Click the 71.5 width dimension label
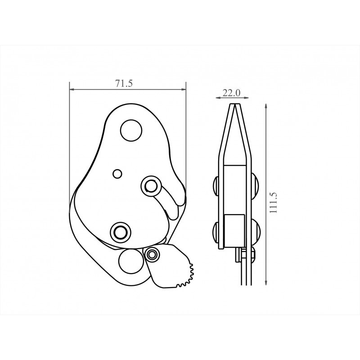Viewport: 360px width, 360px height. pos(124,84)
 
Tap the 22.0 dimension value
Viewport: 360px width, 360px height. pos(231,93)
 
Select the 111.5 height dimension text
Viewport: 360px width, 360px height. pos(274,203)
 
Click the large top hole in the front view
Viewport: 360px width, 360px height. pos(131,130)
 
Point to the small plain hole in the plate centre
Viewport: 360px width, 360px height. pos(117,174)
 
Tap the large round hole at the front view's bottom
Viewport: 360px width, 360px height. pos(130,261)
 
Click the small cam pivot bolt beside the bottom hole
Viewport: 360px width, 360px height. pos(151,254)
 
